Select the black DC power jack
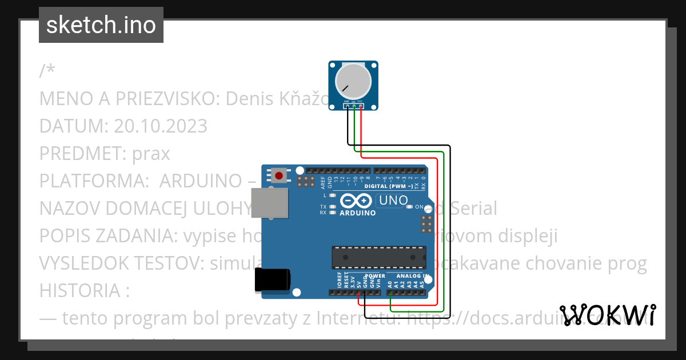(272, 280)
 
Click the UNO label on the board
(394, 201)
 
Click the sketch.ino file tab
(101, 25)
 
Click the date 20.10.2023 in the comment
(161, 126)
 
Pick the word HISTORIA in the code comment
(80, 291)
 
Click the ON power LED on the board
(409, 207)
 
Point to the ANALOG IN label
(408, 276)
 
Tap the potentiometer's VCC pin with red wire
(361, 106)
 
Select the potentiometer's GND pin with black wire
(347, 106)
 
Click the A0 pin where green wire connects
(390, 293)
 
